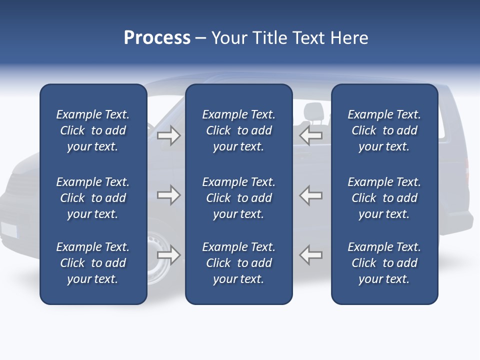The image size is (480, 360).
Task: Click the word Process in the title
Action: pos(157,38)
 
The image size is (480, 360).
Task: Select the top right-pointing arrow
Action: pos(168,135)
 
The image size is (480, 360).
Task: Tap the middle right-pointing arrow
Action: pos(168,195)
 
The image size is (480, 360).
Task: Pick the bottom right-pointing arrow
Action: pos(168,255)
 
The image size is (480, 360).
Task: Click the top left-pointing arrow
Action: pos(311,135)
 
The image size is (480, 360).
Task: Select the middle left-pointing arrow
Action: pos(311,195)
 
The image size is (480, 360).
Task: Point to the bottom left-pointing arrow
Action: pos(311,255)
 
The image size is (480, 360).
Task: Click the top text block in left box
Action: pos(93,130)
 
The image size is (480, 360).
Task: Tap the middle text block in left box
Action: pos(93,198)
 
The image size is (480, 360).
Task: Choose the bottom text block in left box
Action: pos(93,263)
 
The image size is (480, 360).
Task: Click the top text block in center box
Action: pos(238,130)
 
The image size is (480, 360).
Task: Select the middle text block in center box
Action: pos(238,198)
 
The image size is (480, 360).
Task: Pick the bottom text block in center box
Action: pos(238,263)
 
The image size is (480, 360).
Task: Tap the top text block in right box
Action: pos(384,130)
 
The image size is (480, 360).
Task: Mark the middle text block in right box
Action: pos(384,198)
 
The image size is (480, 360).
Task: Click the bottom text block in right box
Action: pos(384,263)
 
